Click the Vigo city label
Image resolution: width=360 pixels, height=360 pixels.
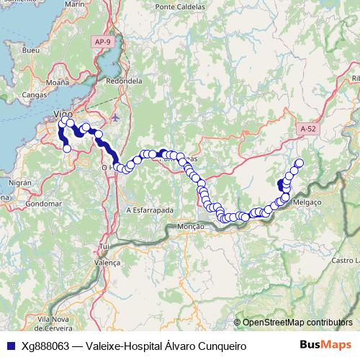(63, 115)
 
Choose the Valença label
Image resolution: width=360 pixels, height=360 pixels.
(108, 264)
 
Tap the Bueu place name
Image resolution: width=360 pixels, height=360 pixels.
(30, 52)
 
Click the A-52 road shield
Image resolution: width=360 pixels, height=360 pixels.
(308, 129)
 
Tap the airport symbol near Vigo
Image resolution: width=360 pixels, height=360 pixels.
(116, 117)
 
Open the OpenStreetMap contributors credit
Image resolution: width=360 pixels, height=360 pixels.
(297, 322)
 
